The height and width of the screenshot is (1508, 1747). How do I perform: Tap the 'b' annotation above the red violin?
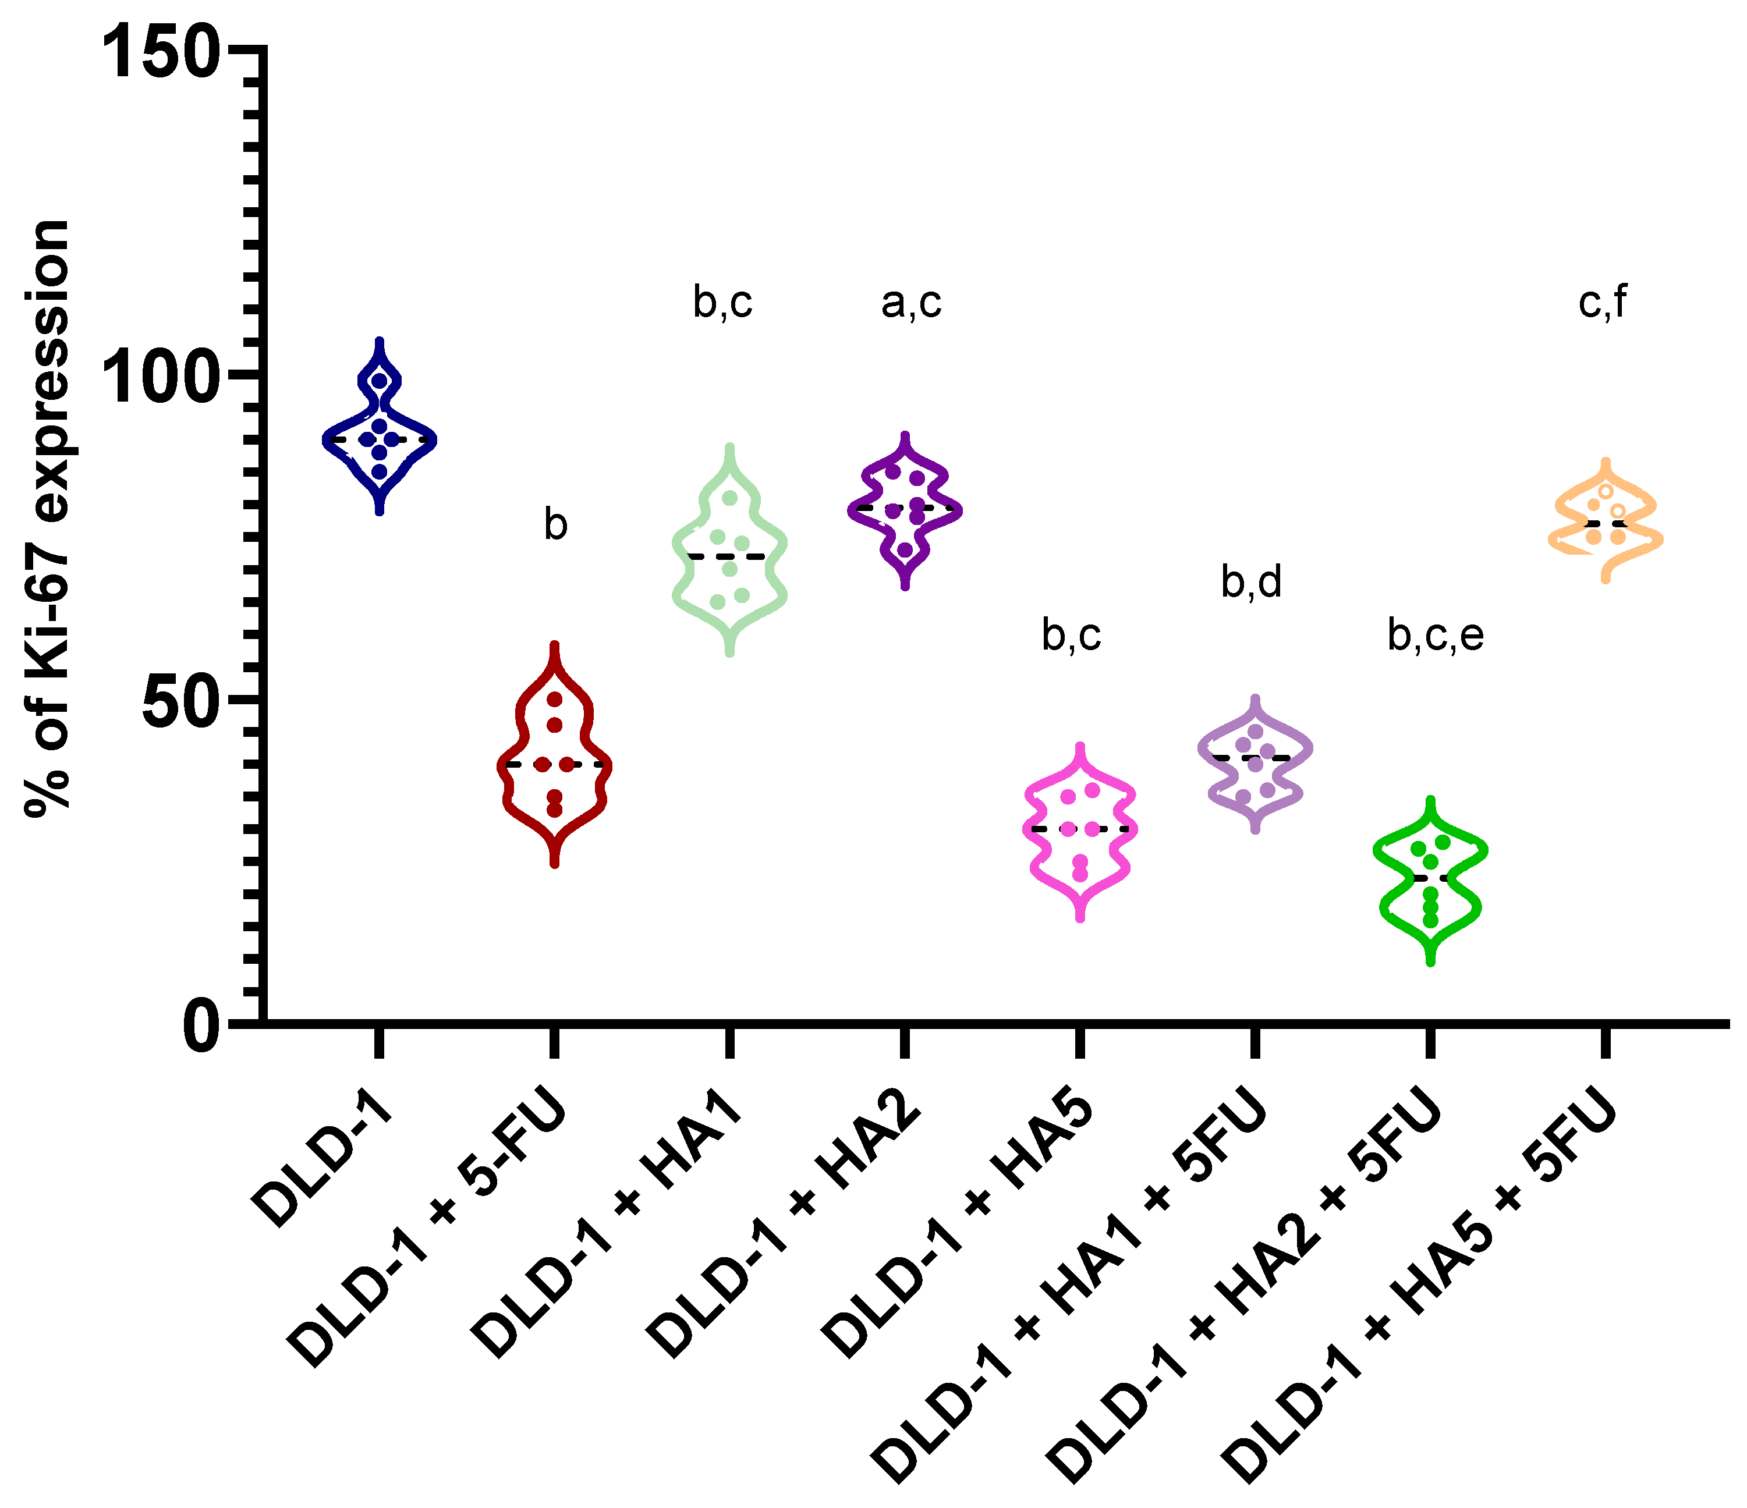point(555,525)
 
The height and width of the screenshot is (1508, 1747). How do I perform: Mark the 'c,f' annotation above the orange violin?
point(1602,303)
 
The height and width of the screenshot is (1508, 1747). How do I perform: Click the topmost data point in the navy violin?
point(380,381)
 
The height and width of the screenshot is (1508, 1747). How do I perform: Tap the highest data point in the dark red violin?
point(555,700)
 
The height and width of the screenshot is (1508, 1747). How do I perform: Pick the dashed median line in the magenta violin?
point(1080,829)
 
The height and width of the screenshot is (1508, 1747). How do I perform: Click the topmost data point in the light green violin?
point(730,498)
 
